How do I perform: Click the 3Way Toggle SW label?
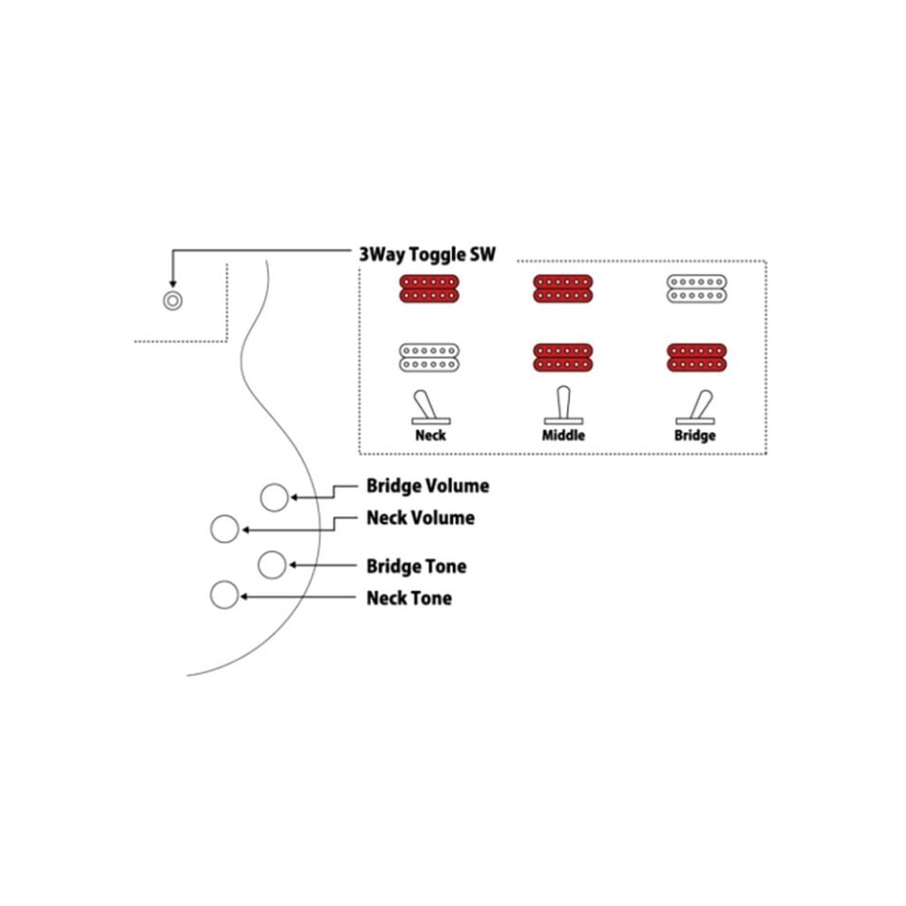coord(427,254)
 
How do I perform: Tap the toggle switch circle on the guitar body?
coord(172,300)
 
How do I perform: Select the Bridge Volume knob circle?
coord(274,497)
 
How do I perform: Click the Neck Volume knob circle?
coord(225,528)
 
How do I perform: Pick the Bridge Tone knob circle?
coord(272,564)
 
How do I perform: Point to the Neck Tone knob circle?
coord(225,595)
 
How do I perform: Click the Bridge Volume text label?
coord(428,486)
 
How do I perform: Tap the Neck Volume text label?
coord(421,518)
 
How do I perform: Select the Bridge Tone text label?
coord(416,566)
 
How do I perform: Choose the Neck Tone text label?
coord(409,598)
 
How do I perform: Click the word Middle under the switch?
coord(563,435)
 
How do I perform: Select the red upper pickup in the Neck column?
coord(429,289)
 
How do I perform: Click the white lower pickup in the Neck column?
coord(429,358)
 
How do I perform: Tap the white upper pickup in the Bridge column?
coord(696,289)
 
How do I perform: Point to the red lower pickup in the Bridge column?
coord(696,358)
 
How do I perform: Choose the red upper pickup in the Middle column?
coord(562,289)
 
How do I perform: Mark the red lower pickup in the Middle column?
coord(562,358)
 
